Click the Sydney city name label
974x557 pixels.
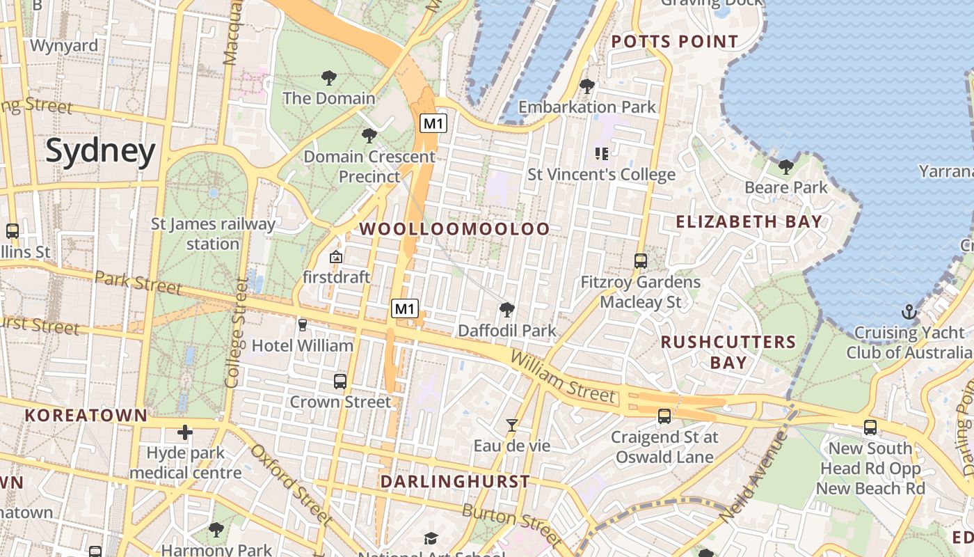pyautogui.click(x=101, y=151)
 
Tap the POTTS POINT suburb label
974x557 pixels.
pyautogui.click(x=674, y=42)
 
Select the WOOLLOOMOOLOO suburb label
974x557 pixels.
pyautogui.click(x=454, y=229)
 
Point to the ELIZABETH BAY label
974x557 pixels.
pyautogui.click(x=749, y=222)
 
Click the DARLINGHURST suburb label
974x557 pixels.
pyautogui.click(x=455, y=481)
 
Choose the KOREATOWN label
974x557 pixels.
pyautogui.click(x=86, y=416)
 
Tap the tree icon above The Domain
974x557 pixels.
pyautogui.click(x=329, y=78)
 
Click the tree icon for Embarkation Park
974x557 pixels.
pyautogui.click(x=587, y=86)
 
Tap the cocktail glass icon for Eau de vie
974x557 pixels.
pyautogui.click(x=512, y=425)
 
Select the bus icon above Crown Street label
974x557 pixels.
pyautogui.click(x=340, y=382)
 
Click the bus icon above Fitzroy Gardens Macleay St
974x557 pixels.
pyautogui.click(x=641, y=261)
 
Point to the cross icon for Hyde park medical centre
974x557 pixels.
pyautogui.click(x=185, y=433)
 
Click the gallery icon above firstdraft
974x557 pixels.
pyautogui.click(x=336, y=257)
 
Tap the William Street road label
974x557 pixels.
pyautogui.click(x=563, y=377)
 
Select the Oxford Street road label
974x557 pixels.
pyautogui.click(x=292, y=485)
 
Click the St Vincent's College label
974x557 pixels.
pyautogui.click(x=601, y=174)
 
